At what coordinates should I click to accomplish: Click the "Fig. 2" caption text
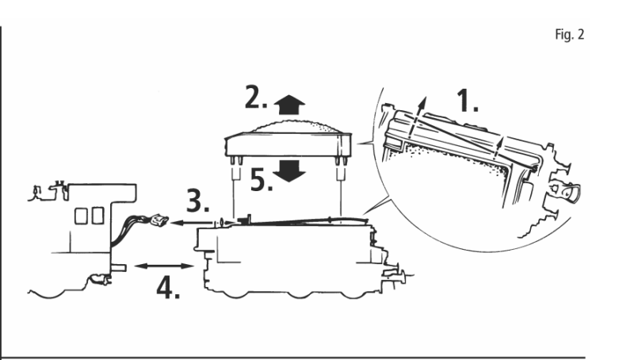click(x=569, y=34)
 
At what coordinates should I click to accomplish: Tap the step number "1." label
click(x=468, y=101)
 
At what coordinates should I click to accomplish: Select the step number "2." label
click(x=256, y=98)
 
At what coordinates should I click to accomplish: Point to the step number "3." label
click(x=197, y=201)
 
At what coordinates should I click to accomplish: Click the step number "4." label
click(x=168, y=288)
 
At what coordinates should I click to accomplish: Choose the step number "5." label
click(x=262, y=179)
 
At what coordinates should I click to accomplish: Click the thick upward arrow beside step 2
click(x=289, y=105)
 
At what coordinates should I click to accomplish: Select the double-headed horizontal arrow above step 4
click(x=164, y=266)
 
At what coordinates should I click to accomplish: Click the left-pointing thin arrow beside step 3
click(x=191, y=223)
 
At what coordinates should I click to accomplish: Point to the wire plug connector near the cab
click(x=159, y=221)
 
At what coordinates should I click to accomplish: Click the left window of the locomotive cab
click(x=81, y=216)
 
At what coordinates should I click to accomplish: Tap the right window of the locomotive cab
click(x=97, y=216)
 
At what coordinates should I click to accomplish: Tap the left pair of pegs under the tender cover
click(x=236, y=161)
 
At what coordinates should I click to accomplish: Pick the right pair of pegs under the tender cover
click(x=342, y=161)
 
